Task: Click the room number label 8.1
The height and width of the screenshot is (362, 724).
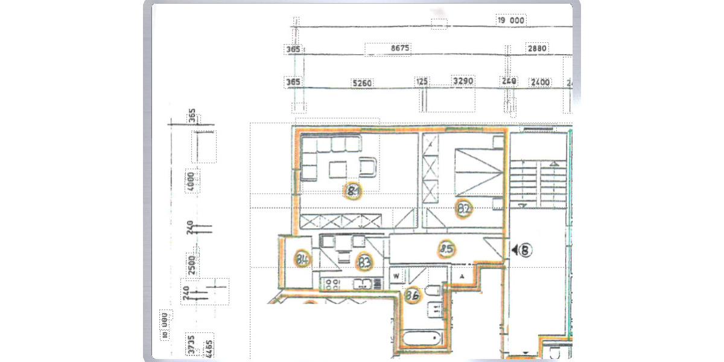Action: coord(353,192)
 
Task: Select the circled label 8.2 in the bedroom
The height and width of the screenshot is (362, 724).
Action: coord(463,209)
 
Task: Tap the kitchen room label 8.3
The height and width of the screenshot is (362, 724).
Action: coord(364,262)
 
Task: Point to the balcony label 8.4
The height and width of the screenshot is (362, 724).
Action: coord(303,260)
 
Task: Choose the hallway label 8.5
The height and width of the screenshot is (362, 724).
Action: coord(446,247)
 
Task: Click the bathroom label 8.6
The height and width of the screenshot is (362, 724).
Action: coord(413,296)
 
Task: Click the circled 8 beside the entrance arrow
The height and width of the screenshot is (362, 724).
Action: coord(526,249)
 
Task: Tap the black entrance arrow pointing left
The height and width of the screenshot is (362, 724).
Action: coord(513,249)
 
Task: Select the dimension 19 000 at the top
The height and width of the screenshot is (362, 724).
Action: coord(510,20)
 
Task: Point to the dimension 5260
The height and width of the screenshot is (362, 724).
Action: coord(361,82)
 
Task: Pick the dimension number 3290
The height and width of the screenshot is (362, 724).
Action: coord(463,81)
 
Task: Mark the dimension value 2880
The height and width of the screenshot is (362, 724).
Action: coord(537,49)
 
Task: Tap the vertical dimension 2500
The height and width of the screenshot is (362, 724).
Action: coord(191,265)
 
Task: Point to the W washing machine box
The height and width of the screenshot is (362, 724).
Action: coord(397,276)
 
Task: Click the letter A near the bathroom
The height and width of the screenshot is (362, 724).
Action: coord(462,276)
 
